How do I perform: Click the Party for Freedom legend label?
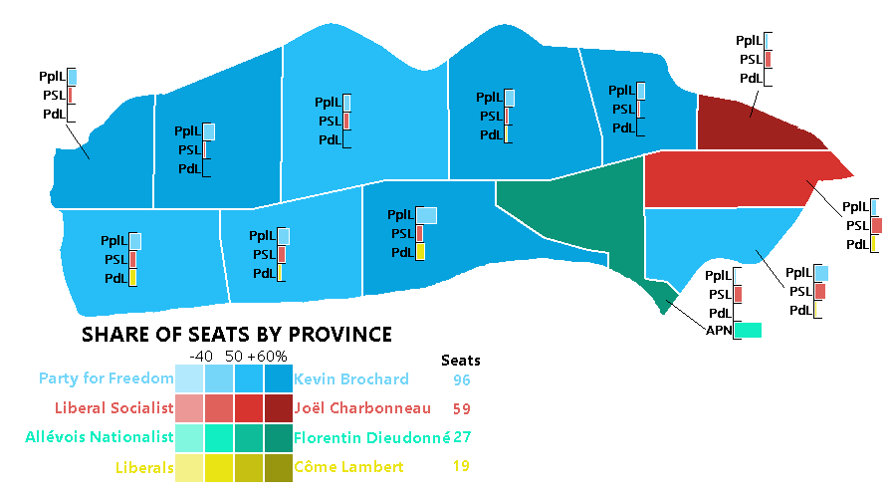pyautogui.click(x=107, y=379)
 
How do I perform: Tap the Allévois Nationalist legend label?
pyautogui.click(x=100, y=437)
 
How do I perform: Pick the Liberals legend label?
pyautogui.click(x=144, y=466)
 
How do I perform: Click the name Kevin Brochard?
pyautogui.click(x=351, y=379)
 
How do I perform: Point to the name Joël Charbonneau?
pyautogui.click(x=362, y=408)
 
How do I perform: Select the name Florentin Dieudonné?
pyautogui.click(x=372, y=437)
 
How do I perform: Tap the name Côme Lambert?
pyautogui.click(x=348, y=466)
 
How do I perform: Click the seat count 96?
pyautogui.click(x=461, y=379)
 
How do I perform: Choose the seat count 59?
pyautogui.click(x=461, y=408)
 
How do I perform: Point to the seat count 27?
pyautogui.click(x=462, y=437)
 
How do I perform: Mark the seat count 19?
pyautogui.click(x=461, y=466)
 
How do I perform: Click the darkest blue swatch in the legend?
pyautogui.click(x=279, y=379)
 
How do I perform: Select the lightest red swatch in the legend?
pyautogui.click(x=189, y=408)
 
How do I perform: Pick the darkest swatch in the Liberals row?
pyautogui.click(x=279, y=466)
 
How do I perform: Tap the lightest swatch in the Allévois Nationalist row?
pyautogui.click(x=189, y=437)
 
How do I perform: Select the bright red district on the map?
pyautogui.click(x=737, y=179)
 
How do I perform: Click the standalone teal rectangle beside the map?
pyautogui.click(x=748, y=330)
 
